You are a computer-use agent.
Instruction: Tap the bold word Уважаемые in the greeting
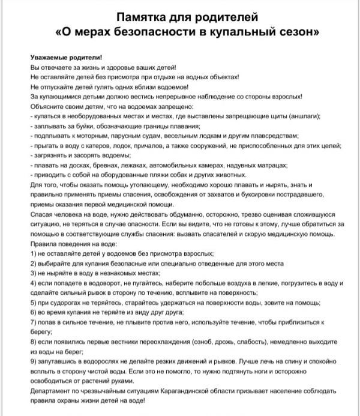click(50, 57)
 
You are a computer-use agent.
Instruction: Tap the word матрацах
click(271, 165)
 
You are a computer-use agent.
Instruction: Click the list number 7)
click(33, 322)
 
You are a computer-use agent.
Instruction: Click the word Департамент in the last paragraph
click(50, 391)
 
